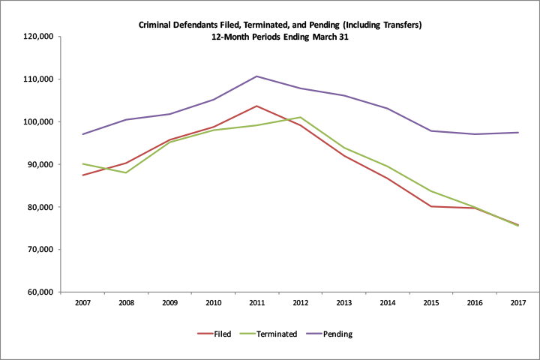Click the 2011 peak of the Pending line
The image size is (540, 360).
tap(256, 76)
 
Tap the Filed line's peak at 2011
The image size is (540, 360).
tap(256, 106)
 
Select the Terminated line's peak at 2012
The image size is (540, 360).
tap(300, 117)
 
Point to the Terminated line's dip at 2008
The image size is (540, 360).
tap(126, 172)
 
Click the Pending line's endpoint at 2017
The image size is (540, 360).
tap(518, 133)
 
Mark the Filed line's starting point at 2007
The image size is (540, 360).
tap(82, 175)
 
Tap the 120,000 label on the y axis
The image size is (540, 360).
tap(35, 36)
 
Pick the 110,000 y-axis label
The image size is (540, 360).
tap(35, 79)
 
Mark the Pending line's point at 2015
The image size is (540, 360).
tap(431, 130)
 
